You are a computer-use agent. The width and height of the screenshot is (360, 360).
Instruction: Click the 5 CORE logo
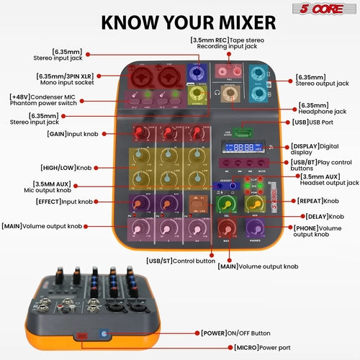pos(326,10)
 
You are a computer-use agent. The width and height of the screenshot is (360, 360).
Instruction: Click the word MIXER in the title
pos(230,21)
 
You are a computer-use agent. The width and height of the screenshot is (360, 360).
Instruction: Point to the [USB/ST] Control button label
pos(179,260)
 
